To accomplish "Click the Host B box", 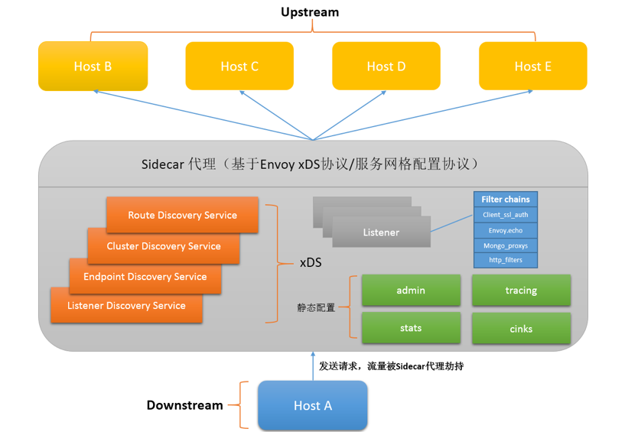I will (x=93, y=67).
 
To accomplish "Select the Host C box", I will (x=239, y=67).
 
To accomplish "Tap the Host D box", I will (x=386, y=67).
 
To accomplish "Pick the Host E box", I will (x=533, y=67).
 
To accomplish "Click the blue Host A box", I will (x=312, y=405).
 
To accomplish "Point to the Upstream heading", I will (x=310, y=12).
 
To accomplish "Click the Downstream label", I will (x=184, y=405).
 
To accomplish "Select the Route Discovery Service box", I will (x=182, y=215).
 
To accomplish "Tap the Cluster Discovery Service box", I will (x=164, y=246).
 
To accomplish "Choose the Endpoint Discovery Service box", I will (x=145, y=277).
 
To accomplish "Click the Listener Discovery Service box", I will (x=126, y=306).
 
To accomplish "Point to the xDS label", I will (x=310, y=262).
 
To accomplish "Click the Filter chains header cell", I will (x=506, y=200).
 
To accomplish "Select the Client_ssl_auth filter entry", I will (x=506, y=215).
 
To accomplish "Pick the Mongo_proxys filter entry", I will (x=506, y=245).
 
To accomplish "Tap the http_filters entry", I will (x=506, y=260).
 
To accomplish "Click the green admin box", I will (x=411, y=291).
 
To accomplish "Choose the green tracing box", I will (x=521, y=291).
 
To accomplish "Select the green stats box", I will (x=411, y=328).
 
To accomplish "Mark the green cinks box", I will (x=521, y=329).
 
